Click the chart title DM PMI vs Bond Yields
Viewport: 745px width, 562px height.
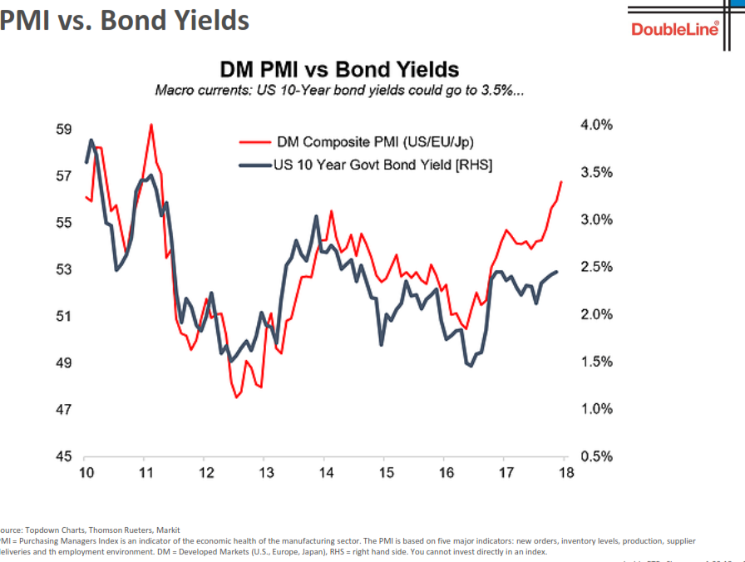tap(338, 69)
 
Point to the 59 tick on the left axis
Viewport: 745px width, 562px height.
tap(63, 130)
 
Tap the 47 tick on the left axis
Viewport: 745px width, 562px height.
tap(63, 410)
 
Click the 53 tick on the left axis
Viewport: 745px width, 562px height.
tap(63, 269)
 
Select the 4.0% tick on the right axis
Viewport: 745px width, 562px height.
tap(595, 125)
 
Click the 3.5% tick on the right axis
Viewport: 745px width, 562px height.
tap(595, 172)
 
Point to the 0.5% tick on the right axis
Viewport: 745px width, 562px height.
tap(595, 456)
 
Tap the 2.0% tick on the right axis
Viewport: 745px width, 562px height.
tap(595, 314)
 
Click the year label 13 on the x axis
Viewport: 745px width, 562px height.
tap(265, 473)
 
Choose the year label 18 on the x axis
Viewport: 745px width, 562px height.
tap(565, 473)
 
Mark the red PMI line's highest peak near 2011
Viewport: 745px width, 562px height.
tap(151, 125)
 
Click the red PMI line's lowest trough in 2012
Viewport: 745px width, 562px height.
tap(236, 397)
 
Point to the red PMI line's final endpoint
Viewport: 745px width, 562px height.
tap(562, 181)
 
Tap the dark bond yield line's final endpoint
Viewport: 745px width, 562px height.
tap(557, 271)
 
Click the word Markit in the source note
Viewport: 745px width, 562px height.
tap(164, 530)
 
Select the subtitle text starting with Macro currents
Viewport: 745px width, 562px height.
tap(339, 90)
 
